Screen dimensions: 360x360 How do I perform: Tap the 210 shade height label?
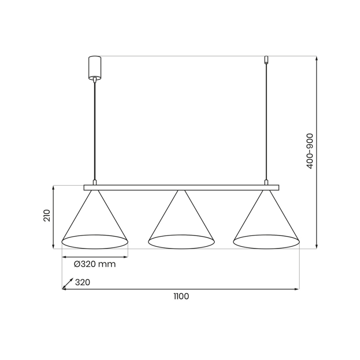click(x=47, y=216)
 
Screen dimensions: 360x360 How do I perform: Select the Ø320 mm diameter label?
click(x=95, y=264)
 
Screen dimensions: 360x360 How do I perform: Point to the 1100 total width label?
click(x=181, y=296)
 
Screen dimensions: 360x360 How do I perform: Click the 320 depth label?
click(x=83, y=283)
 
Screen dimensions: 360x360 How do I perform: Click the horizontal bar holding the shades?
click(x=181, y=187)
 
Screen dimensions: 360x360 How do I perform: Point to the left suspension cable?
click(x=95, y=129)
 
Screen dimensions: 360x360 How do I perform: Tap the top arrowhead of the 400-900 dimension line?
click(x=317, y=58)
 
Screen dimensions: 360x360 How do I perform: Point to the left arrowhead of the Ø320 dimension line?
click(x=64, y=257)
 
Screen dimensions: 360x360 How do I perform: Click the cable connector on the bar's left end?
click(x=95, y=182)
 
